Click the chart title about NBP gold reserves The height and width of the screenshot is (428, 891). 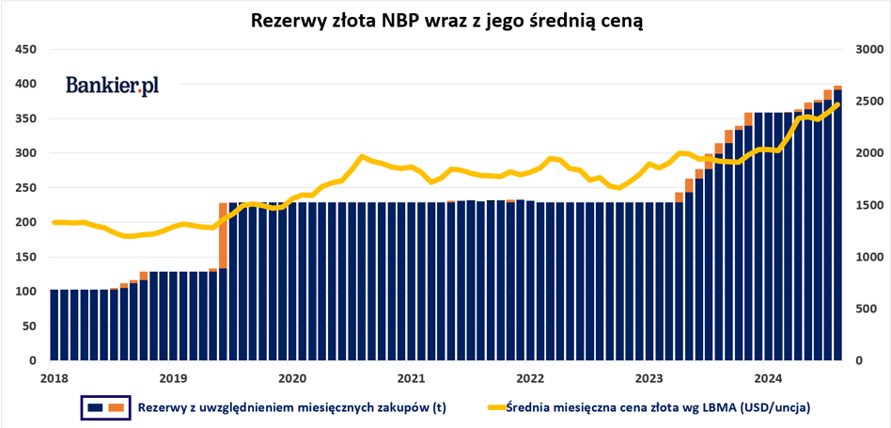click(x=445, y=21)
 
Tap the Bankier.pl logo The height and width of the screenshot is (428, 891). click(x=112, y=86)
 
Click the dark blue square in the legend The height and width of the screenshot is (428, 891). click(x=94, y=407)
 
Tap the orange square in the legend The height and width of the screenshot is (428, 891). click(x=117, y=407)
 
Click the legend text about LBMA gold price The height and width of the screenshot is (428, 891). click(x=658, y=407)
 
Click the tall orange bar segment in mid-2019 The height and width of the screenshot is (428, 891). click(x=223, y=235)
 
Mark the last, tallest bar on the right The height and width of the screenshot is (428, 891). click(x=837, y=226)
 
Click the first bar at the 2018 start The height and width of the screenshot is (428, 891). click(x=55, y=325)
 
